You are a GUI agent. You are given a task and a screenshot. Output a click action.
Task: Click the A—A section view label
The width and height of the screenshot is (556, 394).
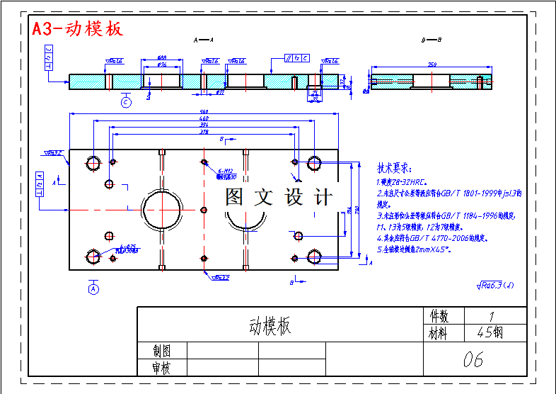[x=204, y=40]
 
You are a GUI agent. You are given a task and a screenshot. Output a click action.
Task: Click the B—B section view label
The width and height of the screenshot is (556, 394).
[x=432, y=40]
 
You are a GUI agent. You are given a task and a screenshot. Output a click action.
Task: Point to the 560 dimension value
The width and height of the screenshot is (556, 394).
[x=204, y=111]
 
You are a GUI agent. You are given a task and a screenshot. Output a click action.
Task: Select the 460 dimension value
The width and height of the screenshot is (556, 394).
[x=204, y=118]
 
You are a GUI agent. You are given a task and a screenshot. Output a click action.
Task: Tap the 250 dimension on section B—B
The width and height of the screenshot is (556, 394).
[x=432, y=64]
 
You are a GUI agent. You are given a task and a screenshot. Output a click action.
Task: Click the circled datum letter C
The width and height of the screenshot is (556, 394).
[x=126, y=103]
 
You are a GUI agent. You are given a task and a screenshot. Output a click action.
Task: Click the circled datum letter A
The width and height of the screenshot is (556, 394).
[x=93, y=288]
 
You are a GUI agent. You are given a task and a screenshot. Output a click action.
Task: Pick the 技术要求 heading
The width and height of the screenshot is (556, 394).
[x=394, y=169]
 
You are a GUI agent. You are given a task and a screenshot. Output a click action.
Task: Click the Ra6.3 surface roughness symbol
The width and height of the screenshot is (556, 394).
[x=495, y=286]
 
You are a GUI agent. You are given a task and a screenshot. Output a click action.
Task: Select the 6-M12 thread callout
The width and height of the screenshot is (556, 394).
[x=226, y=171]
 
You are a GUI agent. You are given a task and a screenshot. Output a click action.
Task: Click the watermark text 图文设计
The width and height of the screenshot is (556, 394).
[x=278, y=197]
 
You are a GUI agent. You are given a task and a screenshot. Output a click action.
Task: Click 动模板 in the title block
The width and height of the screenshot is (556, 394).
[x=270, y=327]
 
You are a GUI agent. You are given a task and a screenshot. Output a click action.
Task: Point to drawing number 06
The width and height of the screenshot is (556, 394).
[x=473, y=359]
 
